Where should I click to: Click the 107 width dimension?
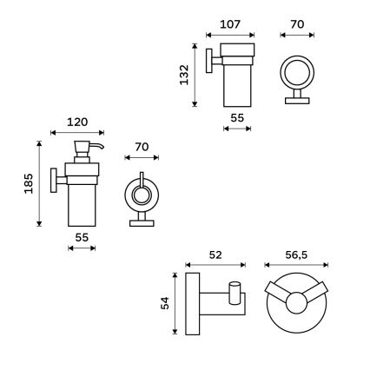click(x=230, y=24)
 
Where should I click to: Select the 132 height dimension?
click(x=185, y=76)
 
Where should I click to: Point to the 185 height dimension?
click(x=29, y=183)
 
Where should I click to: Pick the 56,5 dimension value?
click(x=296, y=254)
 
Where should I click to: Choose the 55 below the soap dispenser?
click(x=81, y=236)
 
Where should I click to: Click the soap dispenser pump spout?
click(x=97, y=147)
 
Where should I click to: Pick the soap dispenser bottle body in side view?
click(x=82, y=200)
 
